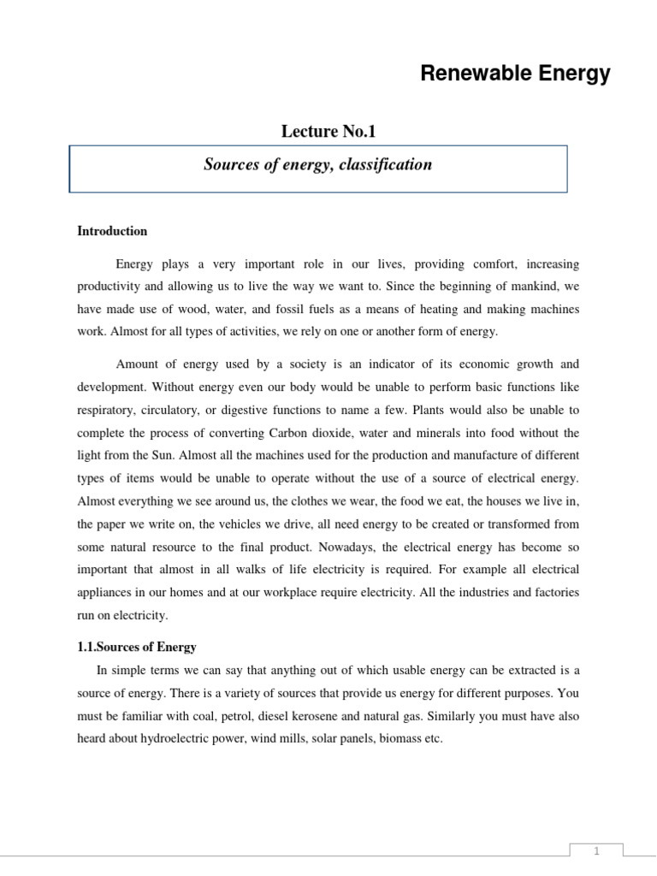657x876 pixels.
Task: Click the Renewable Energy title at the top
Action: click(x=515, y=74)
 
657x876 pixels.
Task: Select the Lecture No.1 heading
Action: click(x=328, y=131)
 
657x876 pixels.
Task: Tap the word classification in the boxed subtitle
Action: click(x=385, y=164)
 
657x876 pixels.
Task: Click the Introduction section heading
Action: click(x=112, y=231)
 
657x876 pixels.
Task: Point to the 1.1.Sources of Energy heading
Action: click(x=137, y=647)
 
